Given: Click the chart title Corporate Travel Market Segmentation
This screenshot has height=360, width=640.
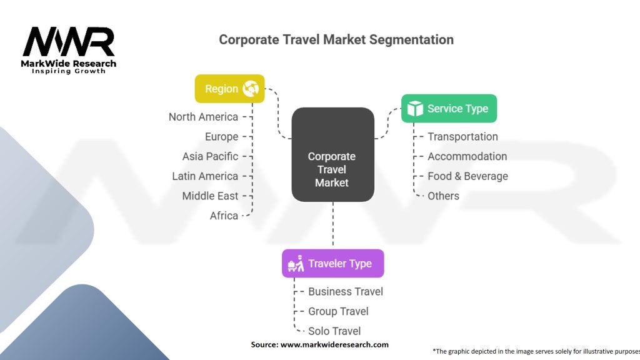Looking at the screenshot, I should coord(336,39).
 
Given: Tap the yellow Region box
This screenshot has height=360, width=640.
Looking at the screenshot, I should coord(229,89).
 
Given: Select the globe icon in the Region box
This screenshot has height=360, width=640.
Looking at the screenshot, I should coord(251,89).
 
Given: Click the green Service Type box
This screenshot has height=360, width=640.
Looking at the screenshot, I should coord(449,109).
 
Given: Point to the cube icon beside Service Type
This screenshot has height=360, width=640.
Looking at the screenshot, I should coord(415,109).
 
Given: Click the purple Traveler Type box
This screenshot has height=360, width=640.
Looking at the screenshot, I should coord(332,264).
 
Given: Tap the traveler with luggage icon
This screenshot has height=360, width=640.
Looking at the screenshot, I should coord(296,264).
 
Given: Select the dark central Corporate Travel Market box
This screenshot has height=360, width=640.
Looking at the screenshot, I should coord(332,154).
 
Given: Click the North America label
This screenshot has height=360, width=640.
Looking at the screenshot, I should coord(203,117).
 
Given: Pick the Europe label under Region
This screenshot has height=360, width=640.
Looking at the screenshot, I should coord(221,137).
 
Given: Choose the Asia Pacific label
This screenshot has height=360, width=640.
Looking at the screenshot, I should coord(210,156).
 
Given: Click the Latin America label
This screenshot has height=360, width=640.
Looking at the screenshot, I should coord(205,176).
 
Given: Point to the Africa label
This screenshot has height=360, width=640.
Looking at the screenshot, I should coord(224,216).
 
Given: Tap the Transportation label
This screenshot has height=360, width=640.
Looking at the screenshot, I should coord(462,137).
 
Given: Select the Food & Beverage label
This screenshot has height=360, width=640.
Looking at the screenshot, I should coord(467,176).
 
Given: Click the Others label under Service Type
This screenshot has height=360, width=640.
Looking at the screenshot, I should coord(443,196).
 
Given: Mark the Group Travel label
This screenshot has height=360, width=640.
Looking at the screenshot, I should coord(338,311).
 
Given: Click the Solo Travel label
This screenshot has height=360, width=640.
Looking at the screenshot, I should coord(334,331).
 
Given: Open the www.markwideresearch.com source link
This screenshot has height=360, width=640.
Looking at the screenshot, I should coord(334,344).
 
